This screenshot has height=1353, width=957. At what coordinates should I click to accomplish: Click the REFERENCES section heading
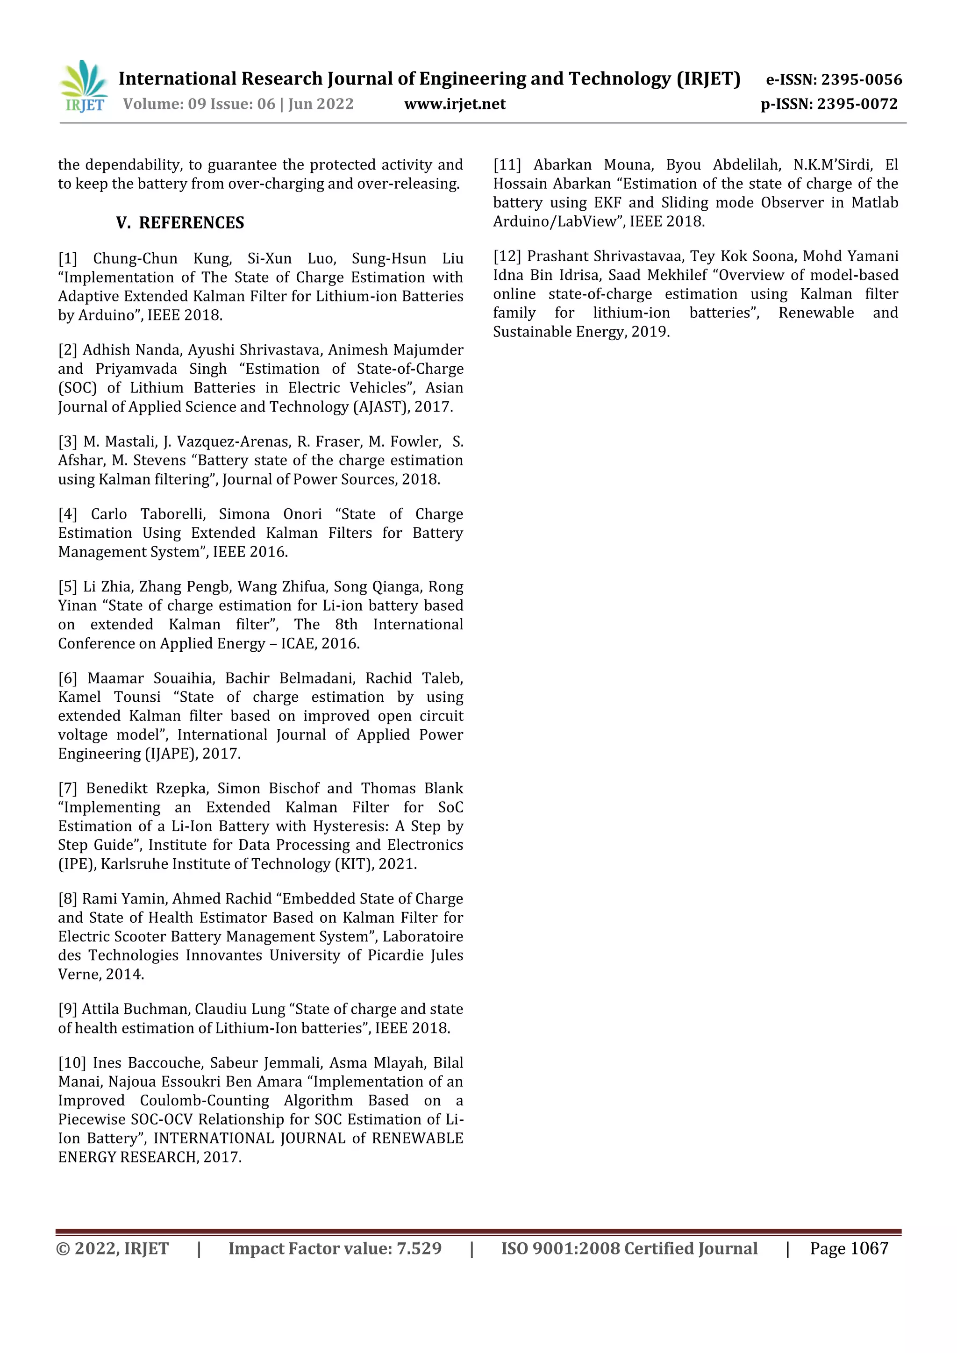(x=191, y=223)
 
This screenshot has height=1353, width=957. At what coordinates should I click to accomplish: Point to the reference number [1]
(x=68, y=259)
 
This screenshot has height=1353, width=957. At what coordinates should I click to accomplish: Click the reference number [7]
(x=68, y=789)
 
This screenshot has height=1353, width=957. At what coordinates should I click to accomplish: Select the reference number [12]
(x=507, y=256)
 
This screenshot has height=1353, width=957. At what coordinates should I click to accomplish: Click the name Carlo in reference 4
(x=108, y=514)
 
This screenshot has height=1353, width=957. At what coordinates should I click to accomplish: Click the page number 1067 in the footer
(x=869, y=1249)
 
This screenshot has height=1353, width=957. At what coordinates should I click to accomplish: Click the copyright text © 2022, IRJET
(x=112, y=1249)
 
